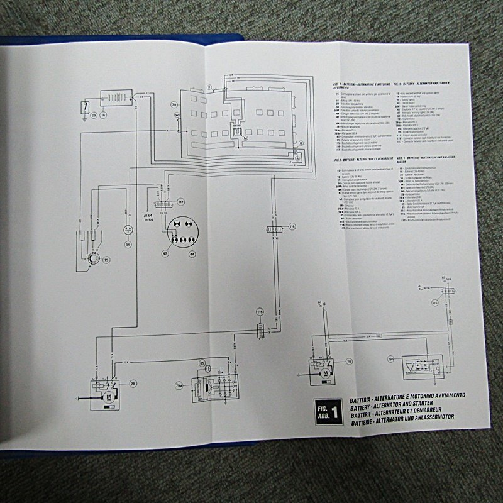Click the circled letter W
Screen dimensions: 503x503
177,116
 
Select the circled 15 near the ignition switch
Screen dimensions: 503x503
106,259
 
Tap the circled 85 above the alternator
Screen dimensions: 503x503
202,363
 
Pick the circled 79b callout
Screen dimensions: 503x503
390,359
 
